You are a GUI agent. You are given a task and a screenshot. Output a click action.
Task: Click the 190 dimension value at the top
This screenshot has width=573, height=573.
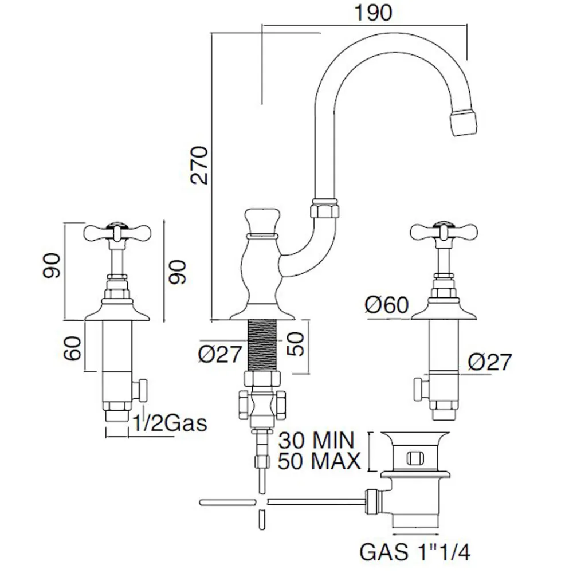coord(374,13)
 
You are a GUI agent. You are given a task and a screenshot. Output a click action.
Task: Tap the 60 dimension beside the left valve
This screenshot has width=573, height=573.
coord(73,347)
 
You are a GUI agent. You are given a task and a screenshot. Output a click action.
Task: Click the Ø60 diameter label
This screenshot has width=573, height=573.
coord(387,305)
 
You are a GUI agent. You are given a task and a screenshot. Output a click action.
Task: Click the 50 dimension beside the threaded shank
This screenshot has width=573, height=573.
coord(298,344)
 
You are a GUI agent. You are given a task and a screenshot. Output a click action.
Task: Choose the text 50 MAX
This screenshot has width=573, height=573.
coord(319,460)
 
